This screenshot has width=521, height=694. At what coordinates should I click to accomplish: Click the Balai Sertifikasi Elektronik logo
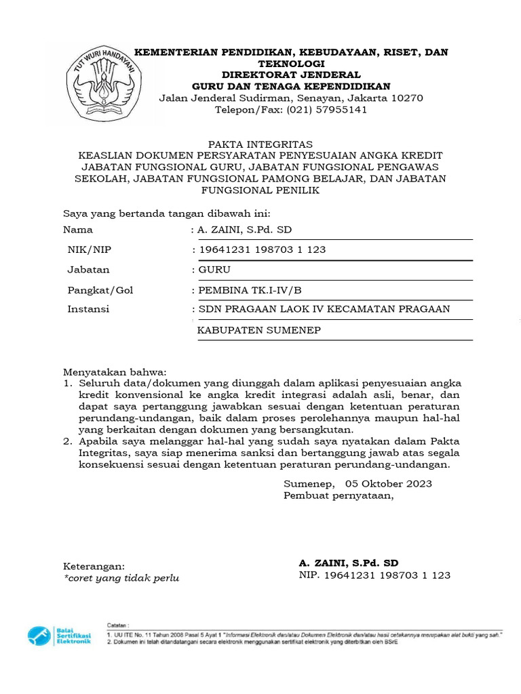(59, 635)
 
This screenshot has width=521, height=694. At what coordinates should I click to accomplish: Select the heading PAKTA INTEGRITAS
(260, 144)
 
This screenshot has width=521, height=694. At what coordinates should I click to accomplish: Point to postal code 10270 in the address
(405, 98)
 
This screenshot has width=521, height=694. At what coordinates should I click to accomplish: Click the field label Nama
(77, 230)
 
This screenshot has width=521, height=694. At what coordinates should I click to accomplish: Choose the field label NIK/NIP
(89, 249)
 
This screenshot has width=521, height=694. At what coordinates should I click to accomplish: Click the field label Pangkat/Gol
(100, 290)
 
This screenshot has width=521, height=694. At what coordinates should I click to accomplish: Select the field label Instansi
(88, 309)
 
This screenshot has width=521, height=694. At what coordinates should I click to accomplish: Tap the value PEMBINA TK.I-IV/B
(249, 290)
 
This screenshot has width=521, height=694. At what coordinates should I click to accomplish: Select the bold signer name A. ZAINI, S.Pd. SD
(349, 563)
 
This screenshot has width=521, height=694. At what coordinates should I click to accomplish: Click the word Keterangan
(94, 566)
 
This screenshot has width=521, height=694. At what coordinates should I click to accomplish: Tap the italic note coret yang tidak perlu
(121, 578)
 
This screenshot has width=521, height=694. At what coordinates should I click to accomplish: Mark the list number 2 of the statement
(67, 441)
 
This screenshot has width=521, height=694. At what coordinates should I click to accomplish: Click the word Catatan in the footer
(118, 624)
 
